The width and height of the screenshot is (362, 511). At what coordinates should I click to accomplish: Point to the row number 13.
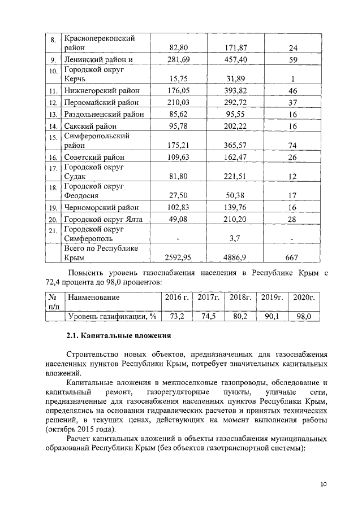pos(53,115)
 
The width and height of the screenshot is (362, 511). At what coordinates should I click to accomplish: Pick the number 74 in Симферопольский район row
pos(292,145)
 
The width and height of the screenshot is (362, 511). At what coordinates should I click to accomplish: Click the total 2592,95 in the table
pos(178,257)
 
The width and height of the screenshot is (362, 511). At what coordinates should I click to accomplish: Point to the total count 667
pos(292,257)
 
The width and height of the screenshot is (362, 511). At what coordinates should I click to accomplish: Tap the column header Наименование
pos(94,296)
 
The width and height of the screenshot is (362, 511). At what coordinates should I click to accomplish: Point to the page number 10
pos(323,484)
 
